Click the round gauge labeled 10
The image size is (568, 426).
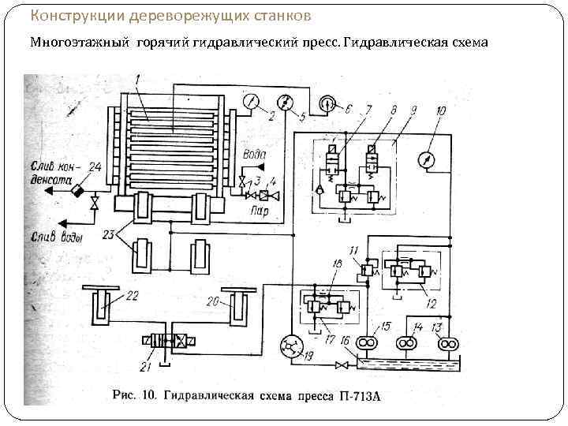[x=427, y=159]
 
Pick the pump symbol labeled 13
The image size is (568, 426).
[x=446, y=343]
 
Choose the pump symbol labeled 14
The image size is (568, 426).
[x=407, y=343]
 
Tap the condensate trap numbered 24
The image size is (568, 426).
[x=77, y=189]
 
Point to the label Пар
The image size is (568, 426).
[x=259, y=211]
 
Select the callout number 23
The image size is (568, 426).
[x=109, y=234]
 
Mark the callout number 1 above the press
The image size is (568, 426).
[x=136, y=78]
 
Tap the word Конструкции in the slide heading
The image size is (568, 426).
[x=66, y=16]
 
